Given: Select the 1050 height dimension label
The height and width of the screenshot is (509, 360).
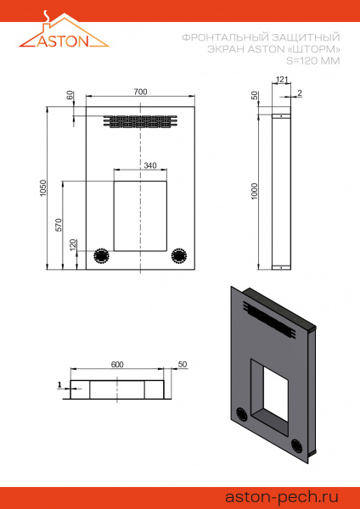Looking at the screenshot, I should (43, 188).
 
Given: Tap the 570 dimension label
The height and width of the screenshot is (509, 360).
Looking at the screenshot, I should (59, 225).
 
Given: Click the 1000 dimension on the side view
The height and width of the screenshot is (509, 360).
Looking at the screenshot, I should (255, 192).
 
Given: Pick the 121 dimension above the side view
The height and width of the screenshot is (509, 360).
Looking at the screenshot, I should (282, 80).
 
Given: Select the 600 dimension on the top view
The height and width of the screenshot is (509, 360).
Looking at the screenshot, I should (117, 364).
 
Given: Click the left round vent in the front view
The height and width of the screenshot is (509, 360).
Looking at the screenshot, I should (101, 255).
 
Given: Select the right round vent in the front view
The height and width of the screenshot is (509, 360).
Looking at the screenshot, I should (179, 255).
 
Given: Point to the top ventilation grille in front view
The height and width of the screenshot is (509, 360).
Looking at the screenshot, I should (140, 121).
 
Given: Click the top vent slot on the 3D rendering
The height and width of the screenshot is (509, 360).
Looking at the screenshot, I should (276, 322).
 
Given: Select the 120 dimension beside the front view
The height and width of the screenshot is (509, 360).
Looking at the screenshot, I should (73, 244).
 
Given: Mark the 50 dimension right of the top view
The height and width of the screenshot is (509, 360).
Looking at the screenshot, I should (182, 364).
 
